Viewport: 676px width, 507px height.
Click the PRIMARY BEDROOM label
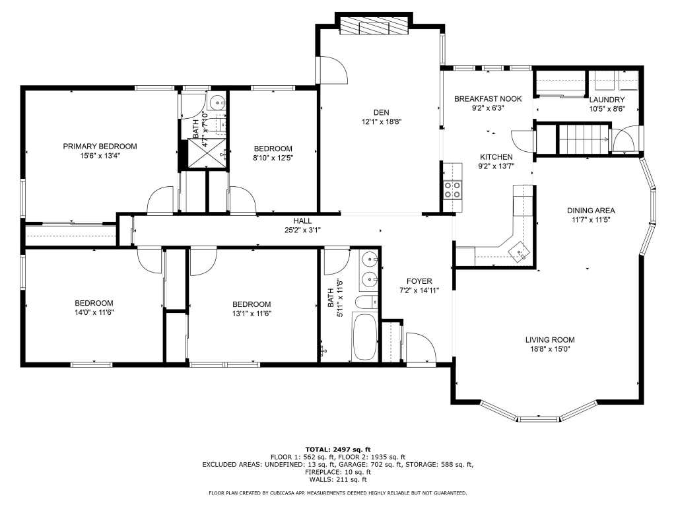coord(100,146)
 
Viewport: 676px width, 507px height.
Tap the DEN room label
coord(381,112)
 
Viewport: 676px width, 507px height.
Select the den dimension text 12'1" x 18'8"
coord(382,122)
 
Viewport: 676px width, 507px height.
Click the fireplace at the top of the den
coord(374,26)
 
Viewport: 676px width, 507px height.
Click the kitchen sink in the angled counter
coord(520,251)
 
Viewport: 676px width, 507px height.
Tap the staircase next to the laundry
coord(584,139)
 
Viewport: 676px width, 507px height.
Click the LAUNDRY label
coord(607,100)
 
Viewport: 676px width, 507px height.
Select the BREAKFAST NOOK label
coord(488,99)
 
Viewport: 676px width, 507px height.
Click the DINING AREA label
coord(591,211)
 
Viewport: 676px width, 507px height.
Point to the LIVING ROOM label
coord(550,340)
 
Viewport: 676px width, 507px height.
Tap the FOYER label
coord(419,281)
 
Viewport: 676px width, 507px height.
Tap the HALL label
coord(302,220)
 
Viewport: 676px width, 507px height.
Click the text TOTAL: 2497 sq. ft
coord(338,450)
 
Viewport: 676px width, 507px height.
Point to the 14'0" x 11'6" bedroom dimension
coord(94,312)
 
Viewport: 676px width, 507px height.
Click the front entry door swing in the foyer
coord(421,348)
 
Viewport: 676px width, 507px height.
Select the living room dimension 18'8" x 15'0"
coord(550,349)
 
